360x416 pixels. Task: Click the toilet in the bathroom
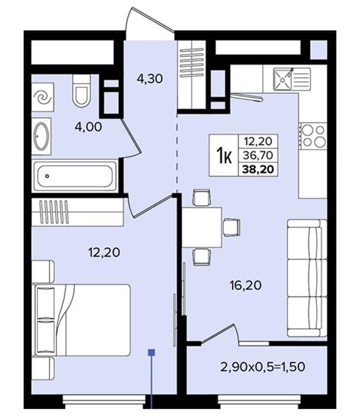81,91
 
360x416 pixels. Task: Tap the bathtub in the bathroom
74,176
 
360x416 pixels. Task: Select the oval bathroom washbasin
42,136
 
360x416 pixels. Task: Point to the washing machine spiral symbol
43,97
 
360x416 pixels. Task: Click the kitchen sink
292,79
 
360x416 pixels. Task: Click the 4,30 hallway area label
150,79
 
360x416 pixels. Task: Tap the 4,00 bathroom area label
89,127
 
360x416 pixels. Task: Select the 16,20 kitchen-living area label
246,285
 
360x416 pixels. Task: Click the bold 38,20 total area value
258,169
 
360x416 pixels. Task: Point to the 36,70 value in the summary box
258,155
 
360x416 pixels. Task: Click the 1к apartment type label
224,156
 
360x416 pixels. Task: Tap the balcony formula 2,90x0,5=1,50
263,367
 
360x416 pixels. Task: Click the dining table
202,228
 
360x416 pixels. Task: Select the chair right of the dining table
231,228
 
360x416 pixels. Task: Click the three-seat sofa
307,278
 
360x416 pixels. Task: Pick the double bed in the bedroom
81,320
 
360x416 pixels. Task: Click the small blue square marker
151,352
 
